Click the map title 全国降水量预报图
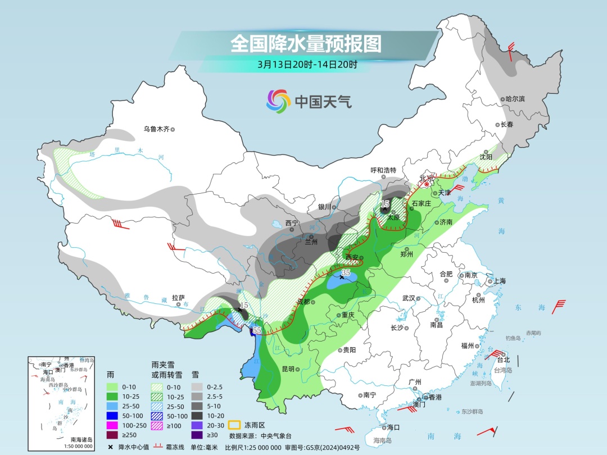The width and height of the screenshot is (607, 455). click(306, 43)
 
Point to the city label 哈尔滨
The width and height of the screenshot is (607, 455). click(514, 99)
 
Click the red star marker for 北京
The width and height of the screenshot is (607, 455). click(427, 183)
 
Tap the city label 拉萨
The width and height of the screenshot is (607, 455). click(178, 298)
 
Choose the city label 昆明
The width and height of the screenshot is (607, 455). click(288, 369)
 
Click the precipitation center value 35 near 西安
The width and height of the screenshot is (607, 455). click(346, 272)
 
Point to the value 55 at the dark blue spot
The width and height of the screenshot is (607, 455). click(257, 330)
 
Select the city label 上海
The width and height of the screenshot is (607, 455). click(499, 281)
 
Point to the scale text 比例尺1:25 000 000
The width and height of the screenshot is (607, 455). click(272, 447)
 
